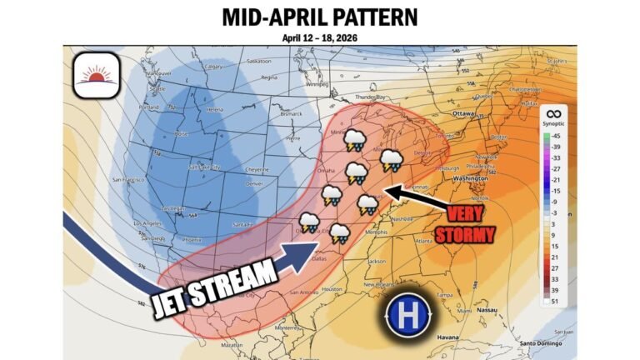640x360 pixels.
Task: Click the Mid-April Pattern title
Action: coord(320,17)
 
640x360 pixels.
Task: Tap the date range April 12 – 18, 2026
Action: coord(320,37)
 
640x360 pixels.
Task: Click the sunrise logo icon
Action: coord(97,76)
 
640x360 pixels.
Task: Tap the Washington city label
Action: coord(471,178)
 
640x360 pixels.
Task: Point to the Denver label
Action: coord(255,182)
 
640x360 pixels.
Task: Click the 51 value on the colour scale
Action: coord(553,301)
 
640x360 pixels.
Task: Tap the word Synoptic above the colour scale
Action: coord(553,124)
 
